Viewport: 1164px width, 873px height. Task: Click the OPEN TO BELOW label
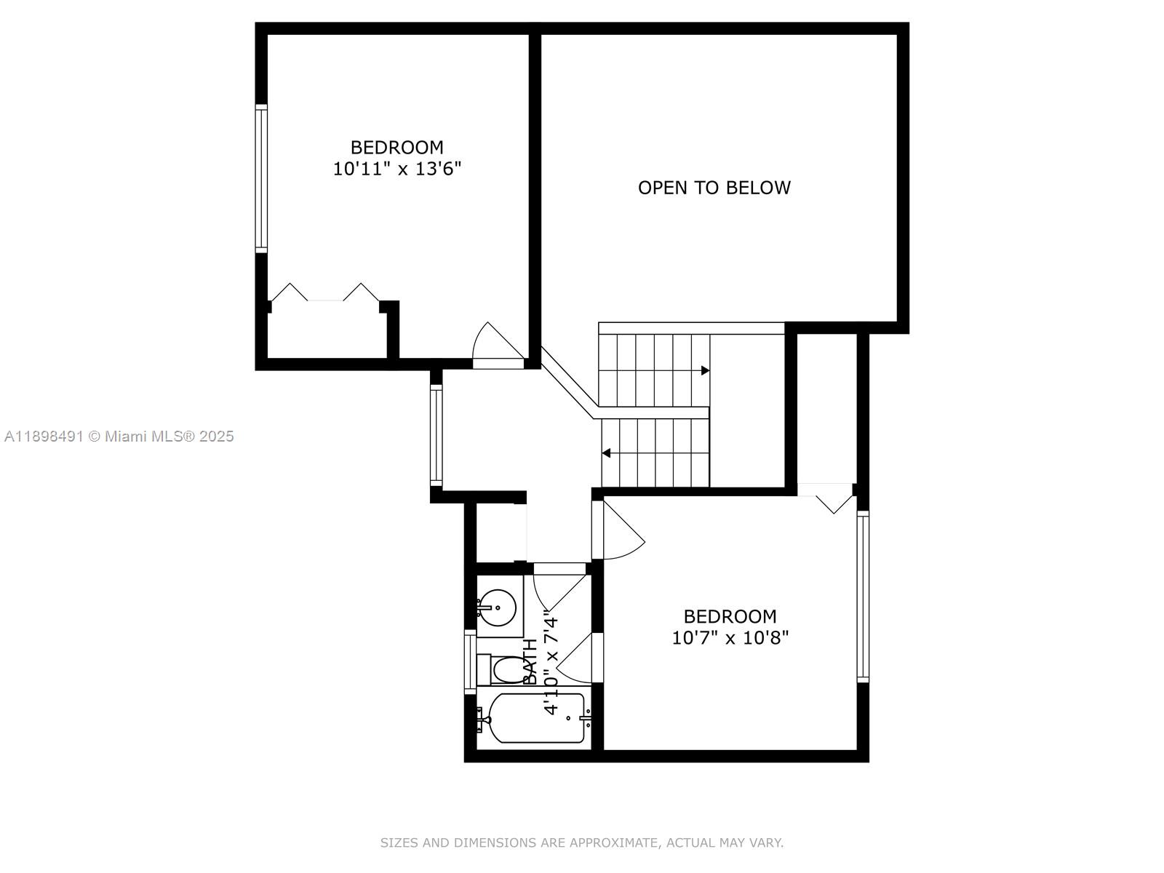pos(714,188)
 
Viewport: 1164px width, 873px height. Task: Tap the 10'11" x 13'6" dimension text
pos(397,170)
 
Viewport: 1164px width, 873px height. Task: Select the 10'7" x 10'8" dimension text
pos(730,638)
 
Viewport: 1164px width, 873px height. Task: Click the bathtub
pos(537,719)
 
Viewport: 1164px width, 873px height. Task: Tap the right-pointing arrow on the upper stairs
pos(704,371)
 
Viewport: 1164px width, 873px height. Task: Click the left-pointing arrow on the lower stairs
pos(606,453)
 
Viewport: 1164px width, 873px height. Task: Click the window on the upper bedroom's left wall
pos(261,178)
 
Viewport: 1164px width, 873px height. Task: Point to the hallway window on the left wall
pos(436,435)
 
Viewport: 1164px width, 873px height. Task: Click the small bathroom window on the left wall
pos(470,661)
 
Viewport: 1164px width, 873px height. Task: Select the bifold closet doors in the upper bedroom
pos(324,293)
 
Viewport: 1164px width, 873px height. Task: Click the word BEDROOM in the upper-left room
pos(397,147)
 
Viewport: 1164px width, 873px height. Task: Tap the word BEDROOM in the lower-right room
pos(730,616)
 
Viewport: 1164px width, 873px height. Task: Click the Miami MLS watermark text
pos(119,436)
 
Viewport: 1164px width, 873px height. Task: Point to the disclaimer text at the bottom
pos(581,843)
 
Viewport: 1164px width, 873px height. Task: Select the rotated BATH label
pos(530,662)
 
